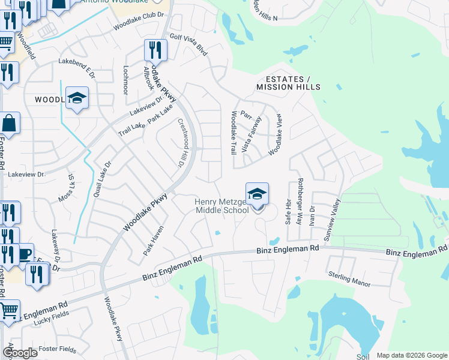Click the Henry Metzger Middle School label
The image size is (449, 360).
pyautogui.click(x=221, y=206)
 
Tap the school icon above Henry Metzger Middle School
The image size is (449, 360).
pyautogui.click(x=257, y=195)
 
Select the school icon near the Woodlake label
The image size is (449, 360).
pyautogui.click(x=77, y=98)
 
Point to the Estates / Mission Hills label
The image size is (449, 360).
pyautogui.click(x=288, y=83)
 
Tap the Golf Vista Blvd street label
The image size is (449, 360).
pyautogui.click(x=189, y=45)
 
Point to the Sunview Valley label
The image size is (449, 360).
pyautogui.click(x=332, y=220)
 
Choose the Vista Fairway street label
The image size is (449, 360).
pyautogui.click(x=252, y=133)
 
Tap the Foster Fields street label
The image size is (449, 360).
pyautogui.click(x=56, y=349)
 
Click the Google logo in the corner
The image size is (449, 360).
pyautogui.click(x=20, y=353)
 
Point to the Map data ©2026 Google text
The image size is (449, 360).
pyautogui.click(x=411, y=355)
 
